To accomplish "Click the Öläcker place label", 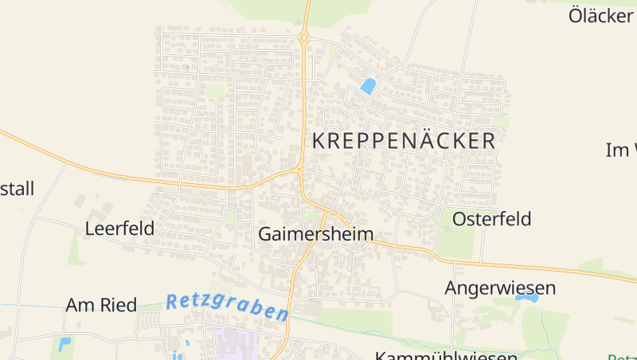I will pos(602,15).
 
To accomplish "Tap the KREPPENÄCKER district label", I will pos(404,141).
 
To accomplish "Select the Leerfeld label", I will pos(119,229).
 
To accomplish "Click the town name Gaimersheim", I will pos(316,234).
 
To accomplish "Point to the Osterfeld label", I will pos(491,219).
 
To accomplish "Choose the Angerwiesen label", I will pos(500,288).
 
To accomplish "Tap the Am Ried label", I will pos(101,305).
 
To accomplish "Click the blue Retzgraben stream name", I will pos(226,306).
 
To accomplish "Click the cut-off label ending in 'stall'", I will pos(17,189).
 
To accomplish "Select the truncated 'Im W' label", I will pos(622,150).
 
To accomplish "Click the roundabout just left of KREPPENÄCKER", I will pos(299,169).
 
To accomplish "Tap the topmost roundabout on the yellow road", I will pos(303,37).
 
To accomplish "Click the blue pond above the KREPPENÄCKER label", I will pos(368,86).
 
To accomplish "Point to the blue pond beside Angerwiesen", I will pos(526,297).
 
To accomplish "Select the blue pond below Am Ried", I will pos(64,344).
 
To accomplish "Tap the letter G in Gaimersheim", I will pos(266,234).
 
